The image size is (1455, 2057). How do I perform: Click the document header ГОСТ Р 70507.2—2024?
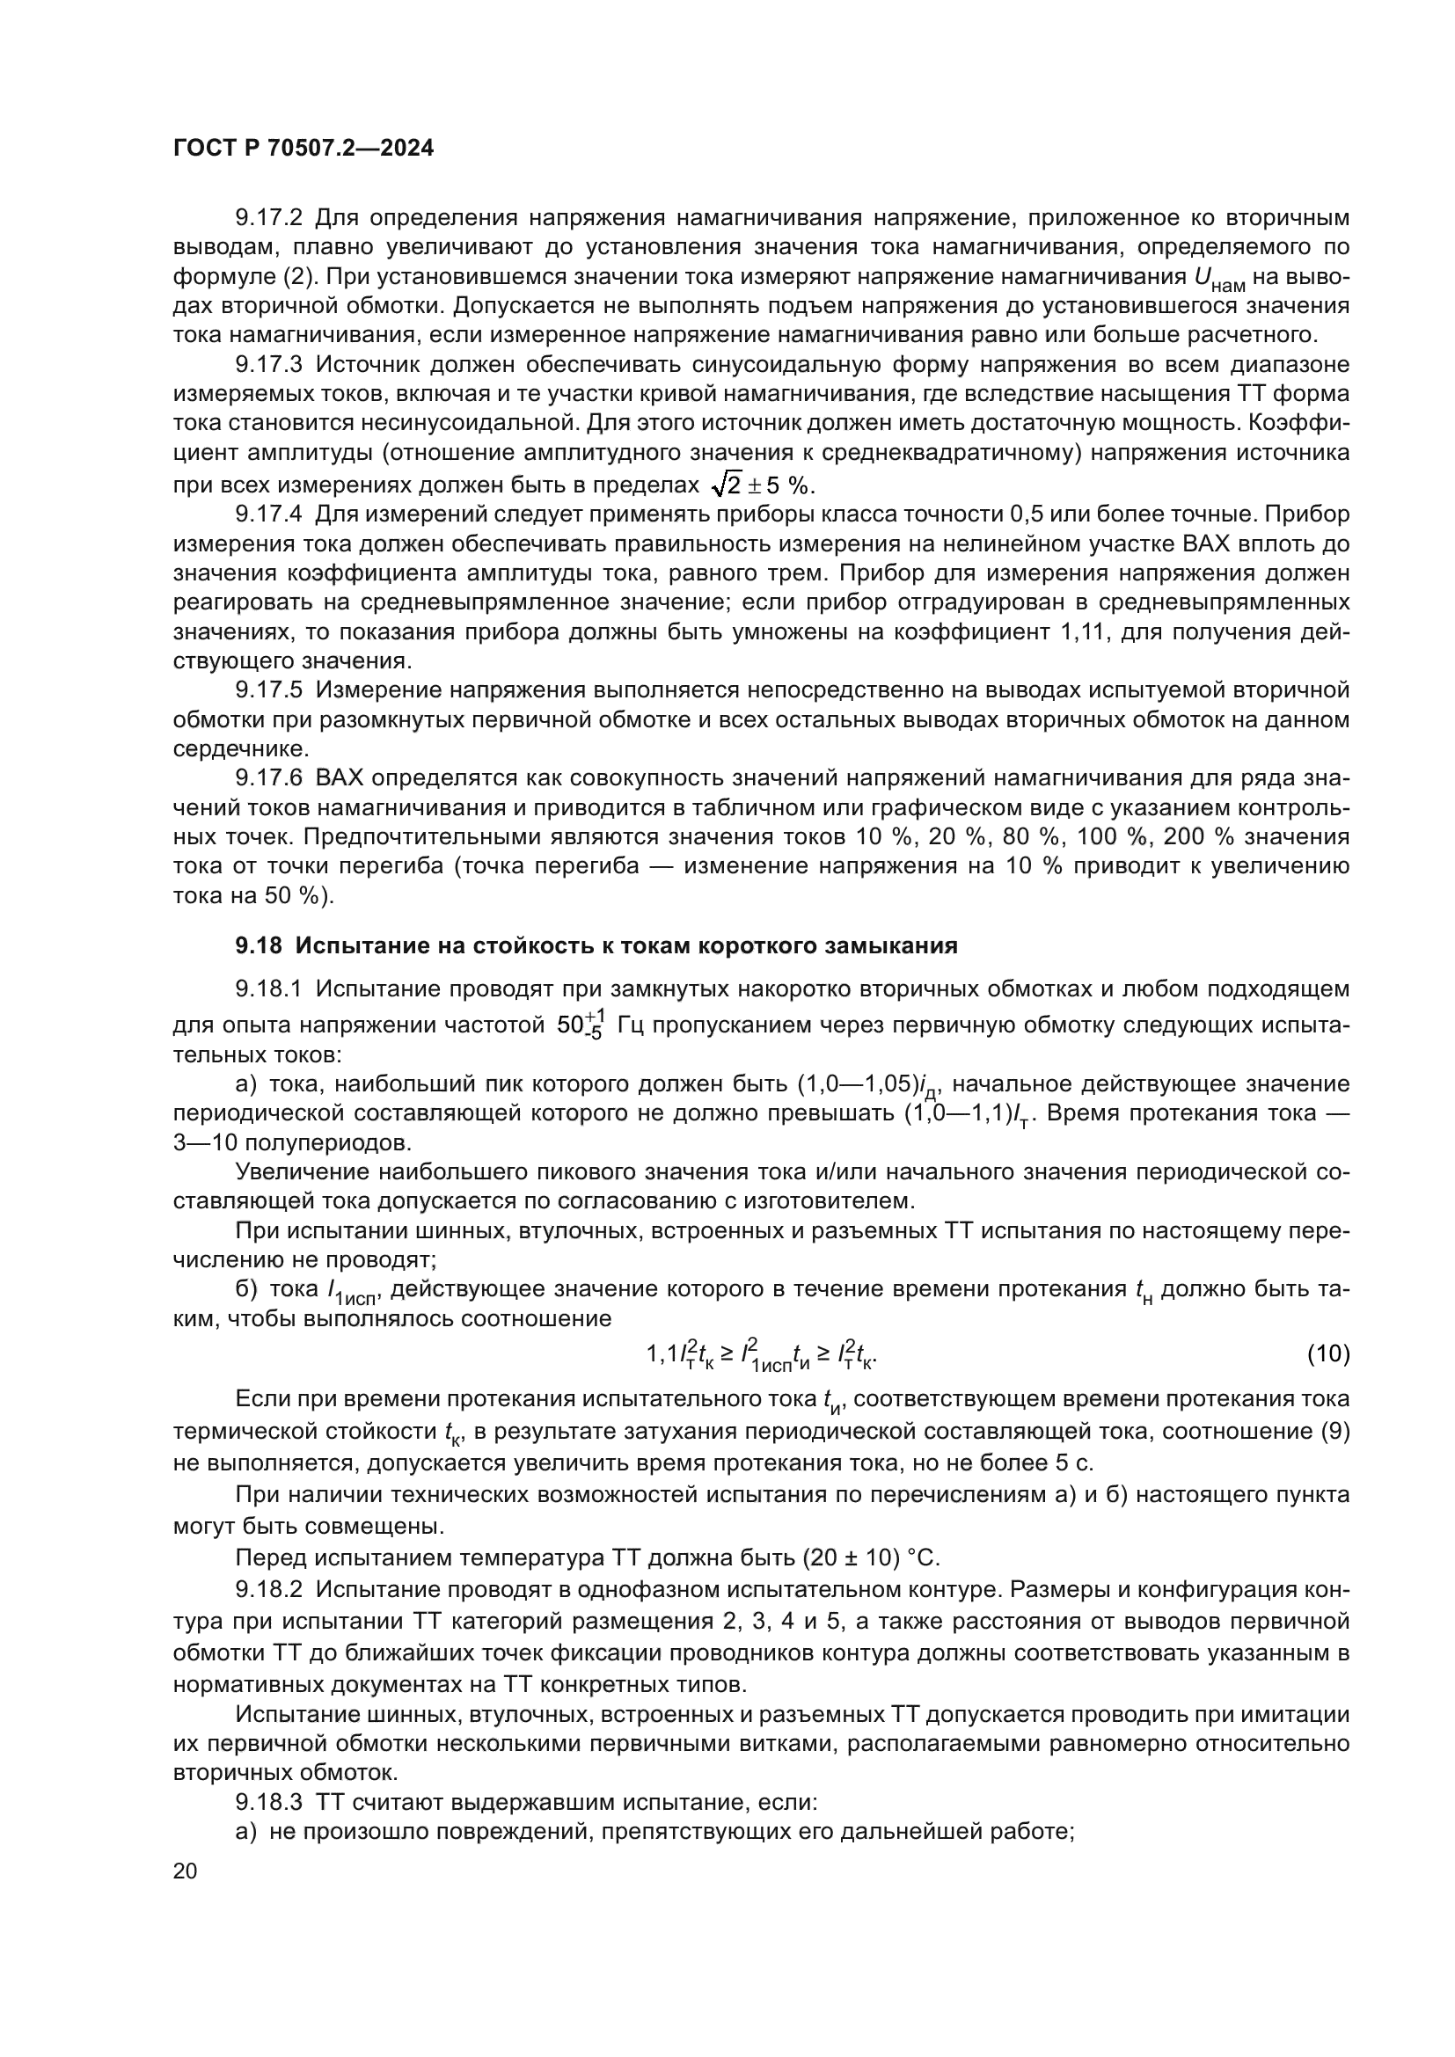pos(303,149)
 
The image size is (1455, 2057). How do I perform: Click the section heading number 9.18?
pos(259,945)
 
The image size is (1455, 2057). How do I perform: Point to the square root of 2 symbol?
pos(726,485)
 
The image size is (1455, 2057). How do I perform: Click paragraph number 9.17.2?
pos(270,218)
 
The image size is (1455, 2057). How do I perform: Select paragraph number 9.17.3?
pos(270,365)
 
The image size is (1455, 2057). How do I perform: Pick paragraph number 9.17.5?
pos(270,689)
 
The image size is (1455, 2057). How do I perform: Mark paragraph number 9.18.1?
pos(270,989)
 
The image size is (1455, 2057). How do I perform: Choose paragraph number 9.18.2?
pos(270,1589)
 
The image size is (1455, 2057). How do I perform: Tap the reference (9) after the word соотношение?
pos(1335,1431)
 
